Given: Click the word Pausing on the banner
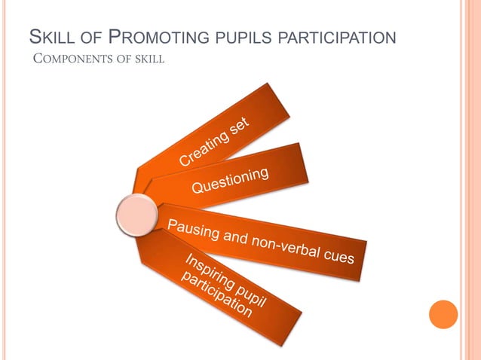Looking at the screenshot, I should tap(191, 227).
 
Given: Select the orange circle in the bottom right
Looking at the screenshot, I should tap(443, 315).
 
